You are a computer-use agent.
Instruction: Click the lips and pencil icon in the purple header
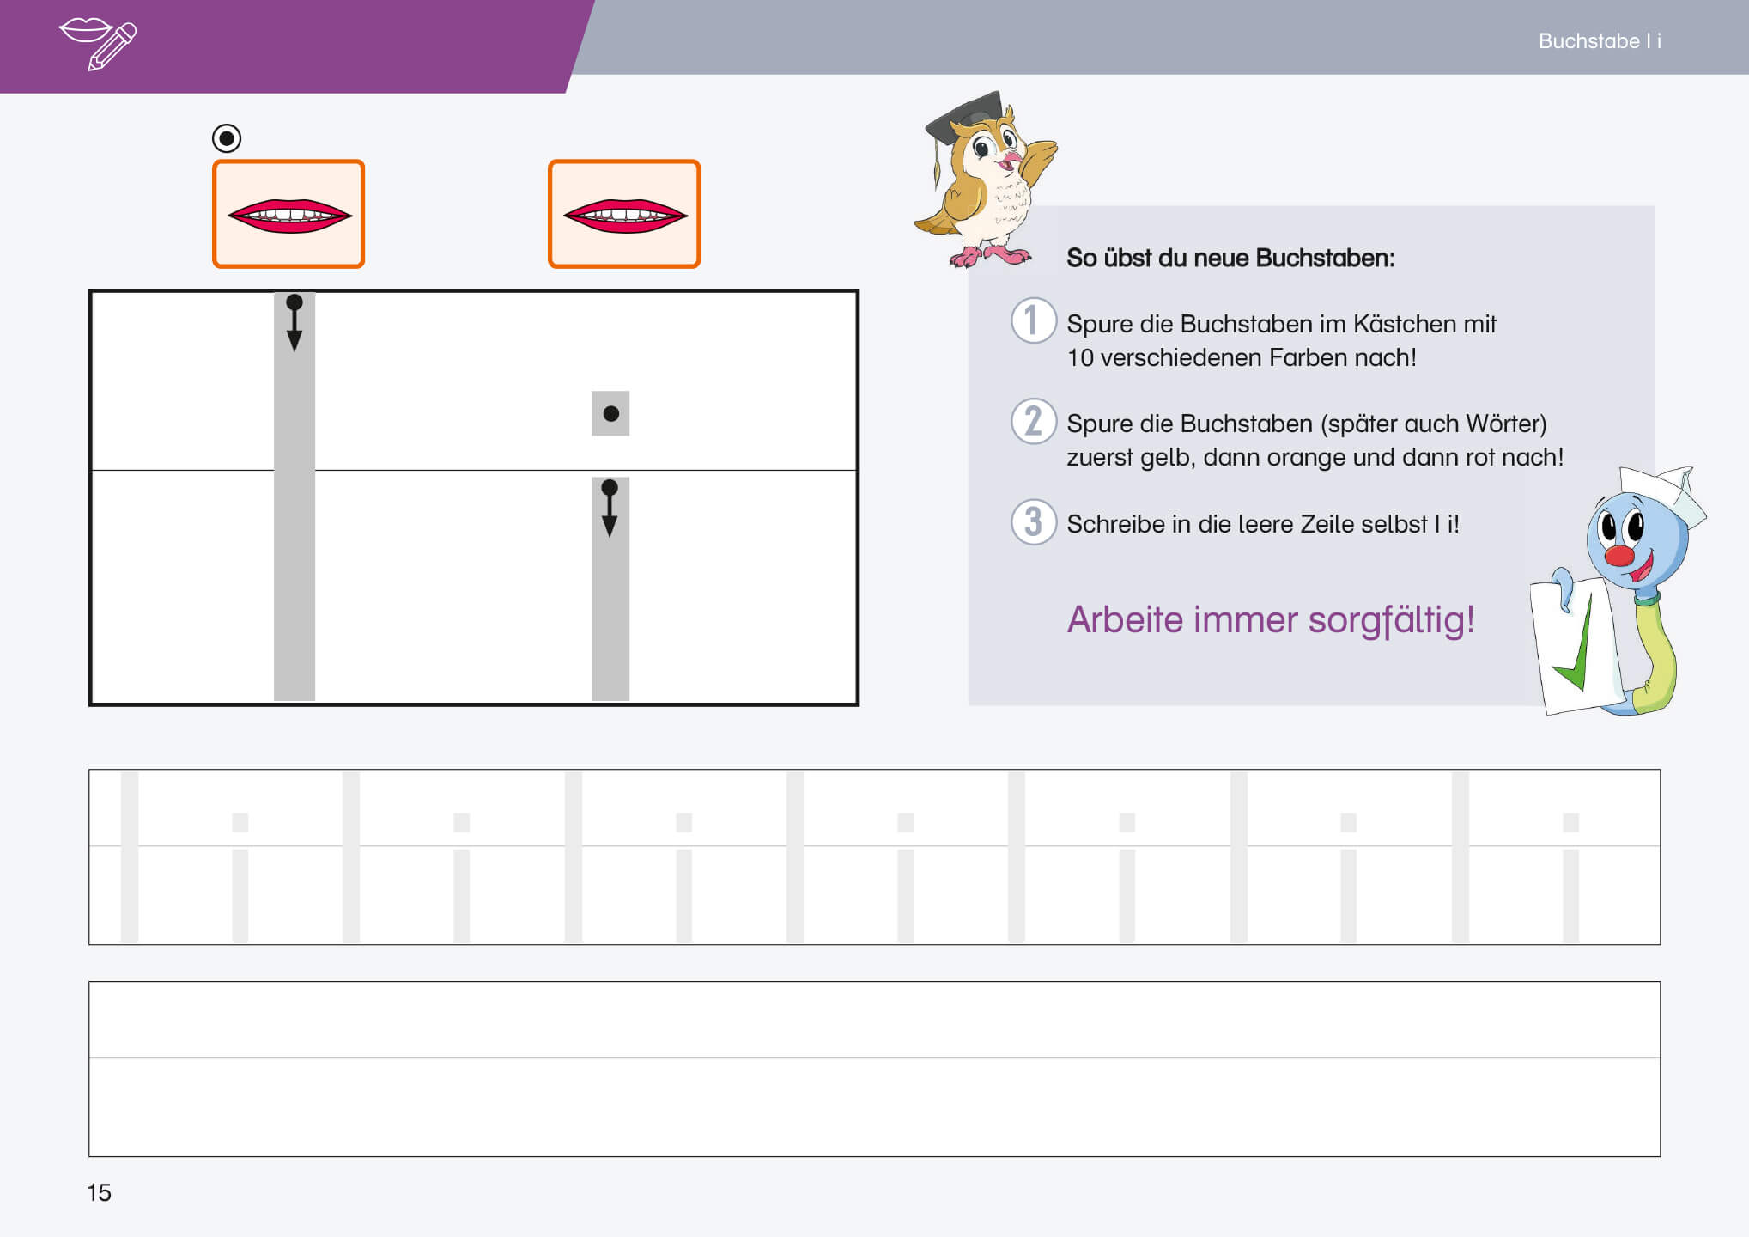(98, 43)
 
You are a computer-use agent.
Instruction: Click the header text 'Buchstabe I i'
(1600, 41)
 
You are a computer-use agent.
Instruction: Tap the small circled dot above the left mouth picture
(227, 138)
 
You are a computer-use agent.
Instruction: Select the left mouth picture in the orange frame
(288, 214)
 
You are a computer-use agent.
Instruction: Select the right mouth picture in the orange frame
(624, 214)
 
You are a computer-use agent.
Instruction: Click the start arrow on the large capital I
(295, 323)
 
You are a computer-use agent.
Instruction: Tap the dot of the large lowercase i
(611, 414)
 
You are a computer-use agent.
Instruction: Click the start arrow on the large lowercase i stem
(610, 509)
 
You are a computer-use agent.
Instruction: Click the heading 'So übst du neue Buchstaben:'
(1230, 258)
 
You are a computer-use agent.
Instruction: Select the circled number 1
(1033, 320)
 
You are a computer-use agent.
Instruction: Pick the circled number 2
(1033, 421)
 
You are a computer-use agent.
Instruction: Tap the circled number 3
(1033, 521)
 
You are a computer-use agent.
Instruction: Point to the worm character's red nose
(1619, 555)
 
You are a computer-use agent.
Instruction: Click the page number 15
(99, 1192)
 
